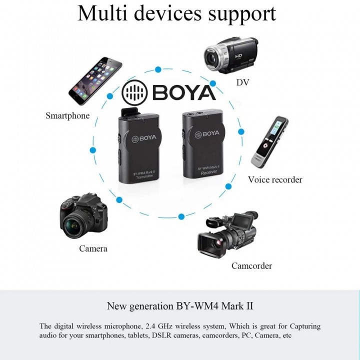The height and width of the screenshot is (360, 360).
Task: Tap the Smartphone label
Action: [67, 115]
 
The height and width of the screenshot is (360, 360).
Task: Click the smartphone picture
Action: [95, 81]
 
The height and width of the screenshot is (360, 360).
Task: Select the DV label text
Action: [242, 82]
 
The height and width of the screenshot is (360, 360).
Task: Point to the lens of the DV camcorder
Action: [212, 57]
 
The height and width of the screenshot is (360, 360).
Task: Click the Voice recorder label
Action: [275, 179]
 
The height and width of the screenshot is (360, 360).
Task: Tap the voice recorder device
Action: [269, 142]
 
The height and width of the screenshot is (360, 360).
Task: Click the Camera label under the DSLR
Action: [93, 248]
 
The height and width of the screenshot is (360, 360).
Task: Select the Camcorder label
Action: [251, 266]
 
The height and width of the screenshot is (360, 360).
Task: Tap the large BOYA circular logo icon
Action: [134, 92]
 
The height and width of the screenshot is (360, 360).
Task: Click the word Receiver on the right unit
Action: [208, 172]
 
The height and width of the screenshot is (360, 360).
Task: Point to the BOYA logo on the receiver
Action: [207, 134]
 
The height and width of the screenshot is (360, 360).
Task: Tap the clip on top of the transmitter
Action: [129, 113]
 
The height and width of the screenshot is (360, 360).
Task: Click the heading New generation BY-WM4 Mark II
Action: [180, 306]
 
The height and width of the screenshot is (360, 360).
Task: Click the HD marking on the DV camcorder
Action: [238, 56]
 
